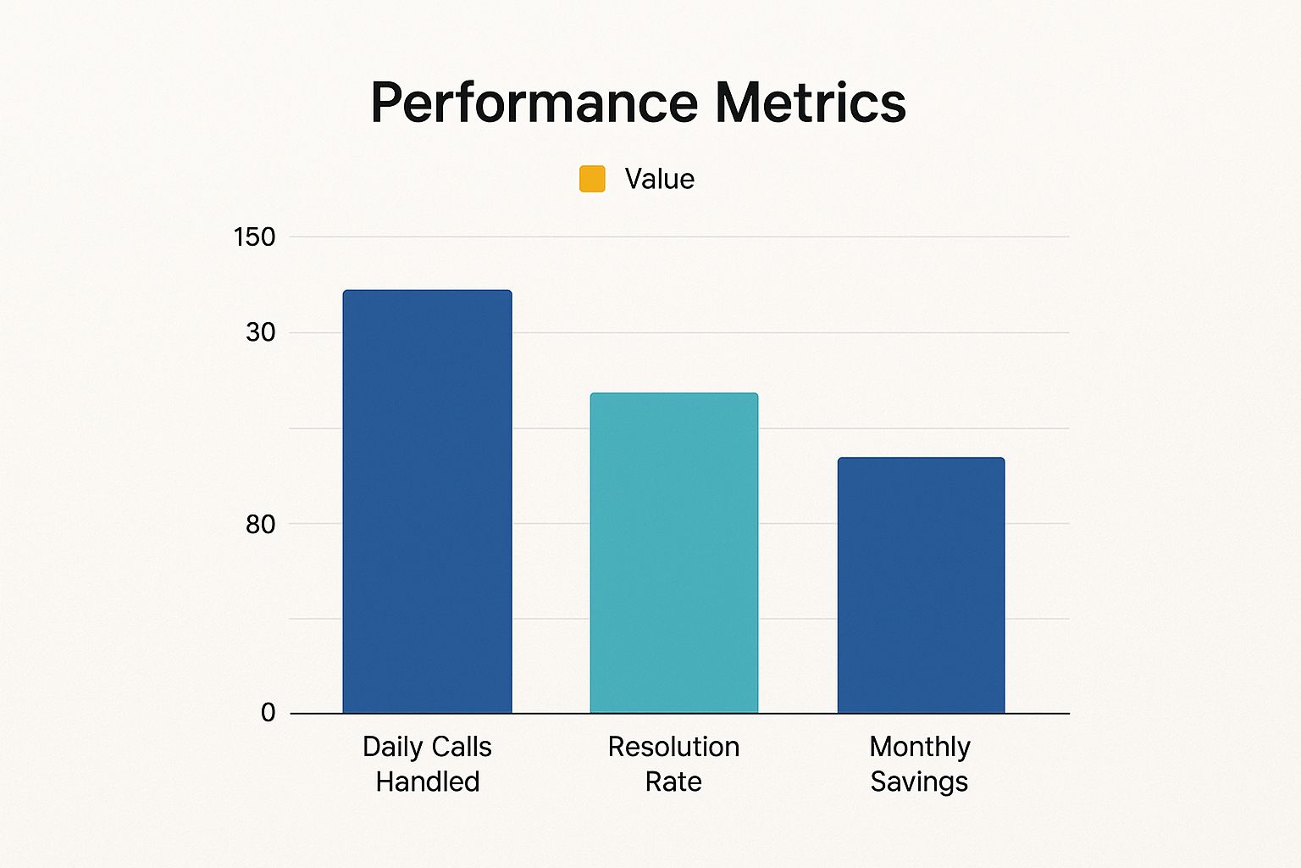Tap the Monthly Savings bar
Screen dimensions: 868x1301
tap(921, 585)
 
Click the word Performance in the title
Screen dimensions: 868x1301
tap(534, 103)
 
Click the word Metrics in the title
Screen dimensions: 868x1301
tap(811, 103)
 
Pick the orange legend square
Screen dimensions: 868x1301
tap(592, 179)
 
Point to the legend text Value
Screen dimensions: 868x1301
tap(659, 179)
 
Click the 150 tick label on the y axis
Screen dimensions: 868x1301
tap(254, 237)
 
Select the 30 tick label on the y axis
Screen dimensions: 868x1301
tap(261, 332)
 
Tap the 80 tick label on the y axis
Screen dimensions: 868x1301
tap(261, 525)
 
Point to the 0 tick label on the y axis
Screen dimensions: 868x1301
tap(268, 713)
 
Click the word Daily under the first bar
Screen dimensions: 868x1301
tap(392, 747)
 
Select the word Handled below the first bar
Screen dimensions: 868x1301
tap(427, 782)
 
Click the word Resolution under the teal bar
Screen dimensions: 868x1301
tap(673, 747)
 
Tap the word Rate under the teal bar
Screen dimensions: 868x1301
tap(673, 782)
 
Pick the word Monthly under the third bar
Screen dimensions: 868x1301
tap(920, 747)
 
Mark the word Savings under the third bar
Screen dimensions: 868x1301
tap(919, 782)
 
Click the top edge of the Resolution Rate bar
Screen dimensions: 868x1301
tap(673, 394)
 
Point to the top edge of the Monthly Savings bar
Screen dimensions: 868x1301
tap(921, 459)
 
